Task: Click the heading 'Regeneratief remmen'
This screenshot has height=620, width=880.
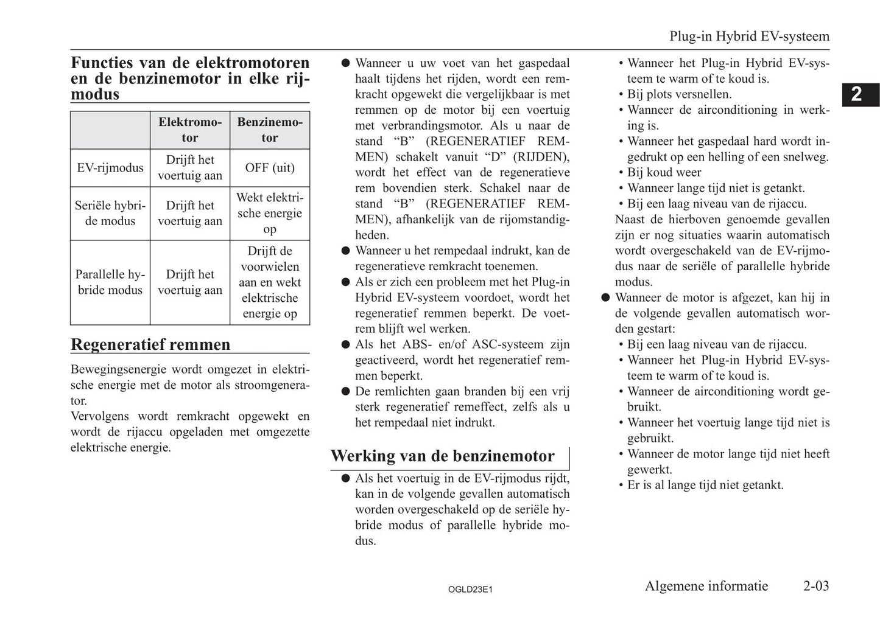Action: coord(150,344)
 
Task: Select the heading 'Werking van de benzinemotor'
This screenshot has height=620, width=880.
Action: coord(442,456)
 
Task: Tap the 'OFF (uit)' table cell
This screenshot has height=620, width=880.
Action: coord(269,168)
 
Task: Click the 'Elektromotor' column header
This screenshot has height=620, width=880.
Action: coord(190,130)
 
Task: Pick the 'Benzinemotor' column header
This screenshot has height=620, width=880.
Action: coord(269,130)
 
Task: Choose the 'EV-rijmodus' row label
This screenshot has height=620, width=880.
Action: coord(110,168)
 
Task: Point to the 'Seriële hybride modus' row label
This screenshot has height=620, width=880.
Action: coord(110,214)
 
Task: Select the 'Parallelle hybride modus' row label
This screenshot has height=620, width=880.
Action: coord(110,282)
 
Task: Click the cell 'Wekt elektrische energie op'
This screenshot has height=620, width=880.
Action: coord(269,214)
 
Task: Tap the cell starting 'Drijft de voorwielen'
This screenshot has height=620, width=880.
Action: coord(269,282)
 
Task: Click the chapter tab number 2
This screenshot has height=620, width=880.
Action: coord(857,94)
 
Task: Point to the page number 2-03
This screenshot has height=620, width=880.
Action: coord(815,586)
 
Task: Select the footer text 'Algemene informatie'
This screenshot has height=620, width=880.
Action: coord(706,586)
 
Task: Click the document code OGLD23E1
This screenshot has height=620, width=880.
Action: coord(470,590)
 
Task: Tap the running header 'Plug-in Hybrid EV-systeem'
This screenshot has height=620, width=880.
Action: coord(749,37)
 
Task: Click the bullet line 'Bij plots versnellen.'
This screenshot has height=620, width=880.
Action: coord(679,94)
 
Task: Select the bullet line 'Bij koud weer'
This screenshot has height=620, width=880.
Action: coord(664,172)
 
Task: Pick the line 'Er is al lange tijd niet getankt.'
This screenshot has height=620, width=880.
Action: coord(705,485)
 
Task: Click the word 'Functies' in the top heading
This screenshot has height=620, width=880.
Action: coord(102,63)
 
